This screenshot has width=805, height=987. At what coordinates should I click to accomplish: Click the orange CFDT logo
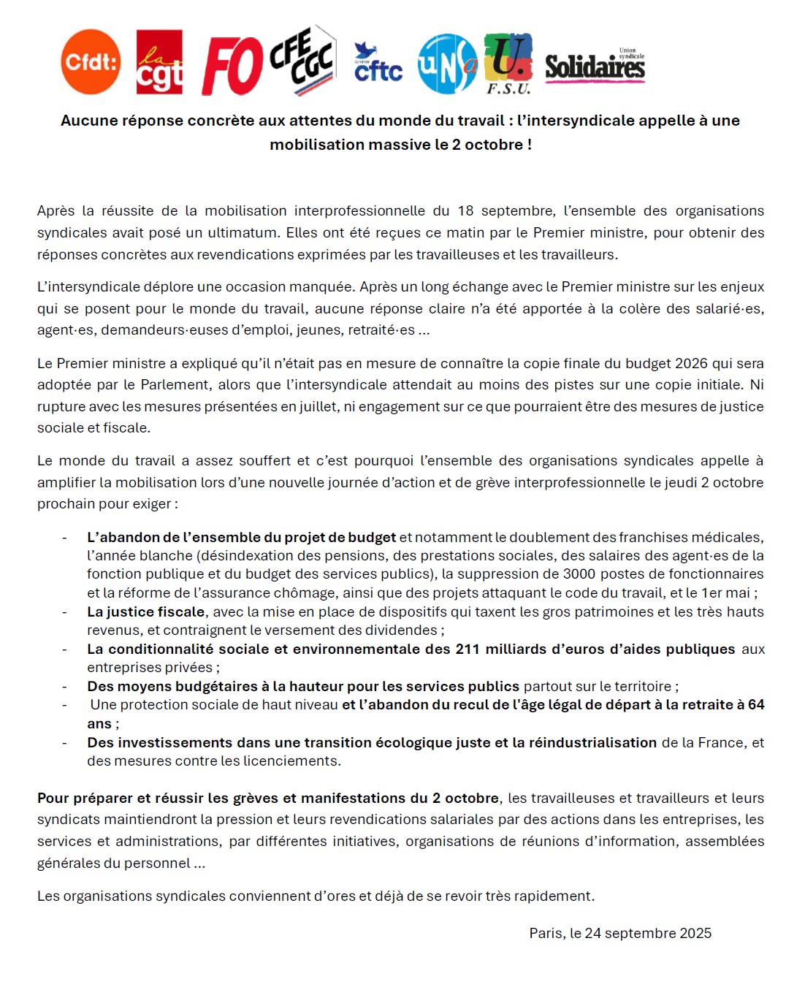pyautogui.click(x=91, y=62)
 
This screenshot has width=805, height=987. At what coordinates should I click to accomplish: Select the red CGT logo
pyautogui.click(x=159, y=63)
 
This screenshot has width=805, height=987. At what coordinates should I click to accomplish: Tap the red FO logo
pyautogui.click(x=232, y=66)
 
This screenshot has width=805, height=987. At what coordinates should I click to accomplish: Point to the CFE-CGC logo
pyautogui.click(x=302, y=61)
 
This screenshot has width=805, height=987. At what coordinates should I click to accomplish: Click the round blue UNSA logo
pyautogui.click(x=446, y=64)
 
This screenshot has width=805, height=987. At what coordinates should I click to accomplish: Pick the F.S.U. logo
pyautogui.click(x=508, y=64)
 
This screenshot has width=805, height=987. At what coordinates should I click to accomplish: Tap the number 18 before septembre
pyautogui.click(x=466, y=211)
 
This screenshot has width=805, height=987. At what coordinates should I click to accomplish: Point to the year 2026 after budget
pyautogui.click(x=691, y=363)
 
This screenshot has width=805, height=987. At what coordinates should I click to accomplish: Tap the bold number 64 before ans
pyautogui.click(x=756, y=704)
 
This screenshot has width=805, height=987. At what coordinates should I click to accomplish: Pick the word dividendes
pyautogui.click(x=402, y=630)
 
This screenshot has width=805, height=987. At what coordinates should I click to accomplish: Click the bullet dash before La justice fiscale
pyautogui.click(x=65, y=612)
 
